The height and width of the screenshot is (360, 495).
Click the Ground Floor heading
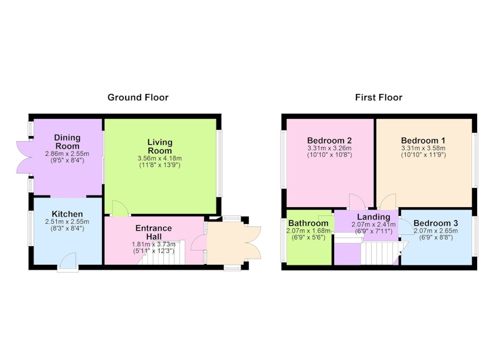point(138,97)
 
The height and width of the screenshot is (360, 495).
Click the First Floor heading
point(379,97)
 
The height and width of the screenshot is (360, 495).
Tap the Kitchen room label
point(67,213)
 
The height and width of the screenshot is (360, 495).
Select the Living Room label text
point(160,146)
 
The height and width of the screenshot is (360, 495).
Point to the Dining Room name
point(67,142)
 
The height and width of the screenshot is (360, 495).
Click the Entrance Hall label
point(153,232)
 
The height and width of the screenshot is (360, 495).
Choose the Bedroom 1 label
point(423,140)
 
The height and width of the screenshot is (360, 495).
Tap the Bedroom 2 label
point(329,140)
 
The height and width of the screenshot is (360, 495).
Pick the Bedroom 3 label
point(436,223)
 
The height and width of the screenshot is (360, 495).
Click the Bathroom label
point(308,223)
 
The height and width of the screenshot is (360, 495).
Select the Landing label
point(374,217)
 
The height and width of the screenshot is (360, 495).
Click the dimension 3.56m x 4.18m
point(160,158)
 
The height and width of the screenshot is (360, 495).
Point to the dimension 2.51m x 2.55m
point(67,221)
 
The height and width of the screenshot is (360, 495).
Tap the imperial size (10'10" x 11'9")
point(423,155)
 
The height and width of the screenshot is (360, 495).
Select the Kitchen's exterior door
point(68,262)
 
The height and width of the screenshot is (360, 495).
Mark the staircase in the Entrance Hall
point(161,253)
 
